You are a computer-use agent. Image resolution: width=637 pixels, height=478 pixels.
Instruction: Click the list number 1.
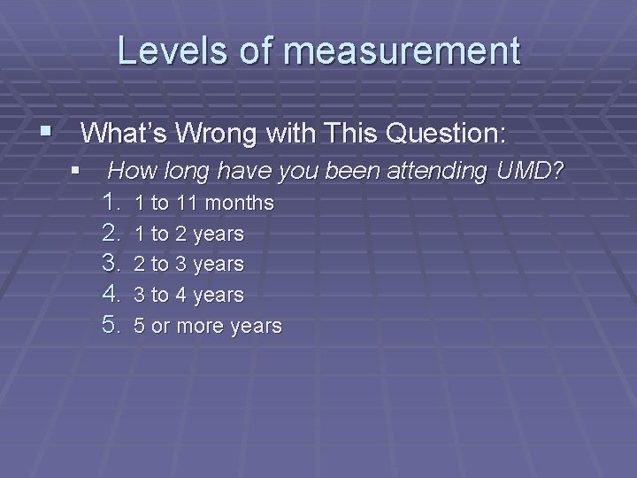pyautogui.click(x=111, y=203)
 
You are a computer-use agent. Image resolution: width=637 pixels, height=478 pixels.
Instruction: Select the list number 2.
pyautogui.click(x=111, y=234)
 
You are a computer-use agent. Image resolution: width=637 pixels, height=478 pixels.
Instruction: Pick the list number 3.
pyautogui.click(x=111, y=264)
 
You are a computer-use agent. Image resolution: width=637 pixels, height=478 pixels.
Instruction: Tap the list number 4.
pyautogui.click(x=111, y=294)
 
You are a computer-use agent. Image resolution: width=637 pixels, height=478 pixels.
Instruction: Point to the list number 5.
pyautogui.click(x=111, y=325)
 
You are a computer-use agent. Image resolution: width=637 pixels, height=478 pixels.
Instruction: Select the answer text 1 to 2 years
pyautogui.click(x=188, y=235)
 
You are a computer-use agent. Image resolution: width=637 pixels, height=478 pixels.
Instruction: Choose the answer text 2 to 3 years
pyautogui.click(x=188, y=265)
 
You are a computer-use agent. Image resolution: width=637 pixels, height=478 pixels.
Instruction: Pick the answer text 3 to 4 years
pyautogui.click(x=188, y=295)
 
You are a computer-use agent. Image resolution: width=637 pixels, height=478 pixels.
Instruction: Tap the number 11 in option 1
pyautogui.click(x=185, y=204)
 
